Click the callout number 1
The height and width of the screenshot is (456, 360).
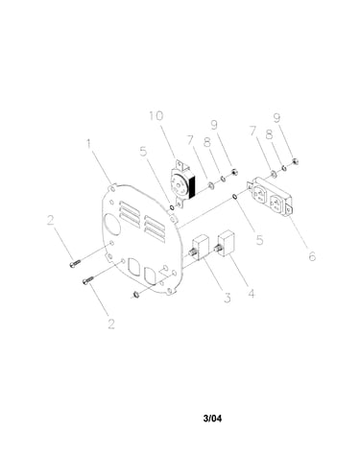coord(89,143)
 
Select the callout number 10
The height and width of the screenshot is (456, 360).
coord(156,116)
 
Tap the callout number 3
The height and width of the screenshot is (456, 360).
coord(228,298)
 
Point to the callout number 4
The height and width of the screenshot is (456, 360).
coord(252,294)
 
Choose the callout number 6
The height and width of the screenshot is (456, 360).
coord(312,256)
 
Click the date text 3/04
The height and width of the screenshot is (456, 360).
coord(212,418)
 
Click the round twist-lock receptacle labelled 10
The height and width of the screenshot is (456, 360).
coord(183,183)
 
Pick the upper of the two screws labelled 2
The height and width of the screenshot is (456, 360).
coord(75,263)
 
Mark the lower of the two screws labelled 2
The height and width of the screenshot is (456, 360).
coord(87,280)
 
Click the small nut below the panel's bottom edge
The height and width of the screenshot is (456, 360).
coord(135,294)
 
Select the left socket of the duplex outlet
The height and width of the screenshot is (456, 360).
coord(258,194)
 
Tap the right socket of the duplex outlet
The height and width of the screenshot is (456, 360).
coord(276,203)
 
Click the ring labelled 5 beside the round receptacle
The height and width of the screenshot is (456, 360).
coord(172,208)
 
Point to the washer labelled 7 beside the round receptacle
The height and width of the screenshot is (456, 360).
coord(211,184)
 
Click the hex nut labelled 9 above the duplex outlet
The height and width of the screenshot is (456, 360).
coord(296,161)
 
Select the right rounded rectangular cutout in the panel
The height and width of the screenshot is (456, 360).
coord(150,276)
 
